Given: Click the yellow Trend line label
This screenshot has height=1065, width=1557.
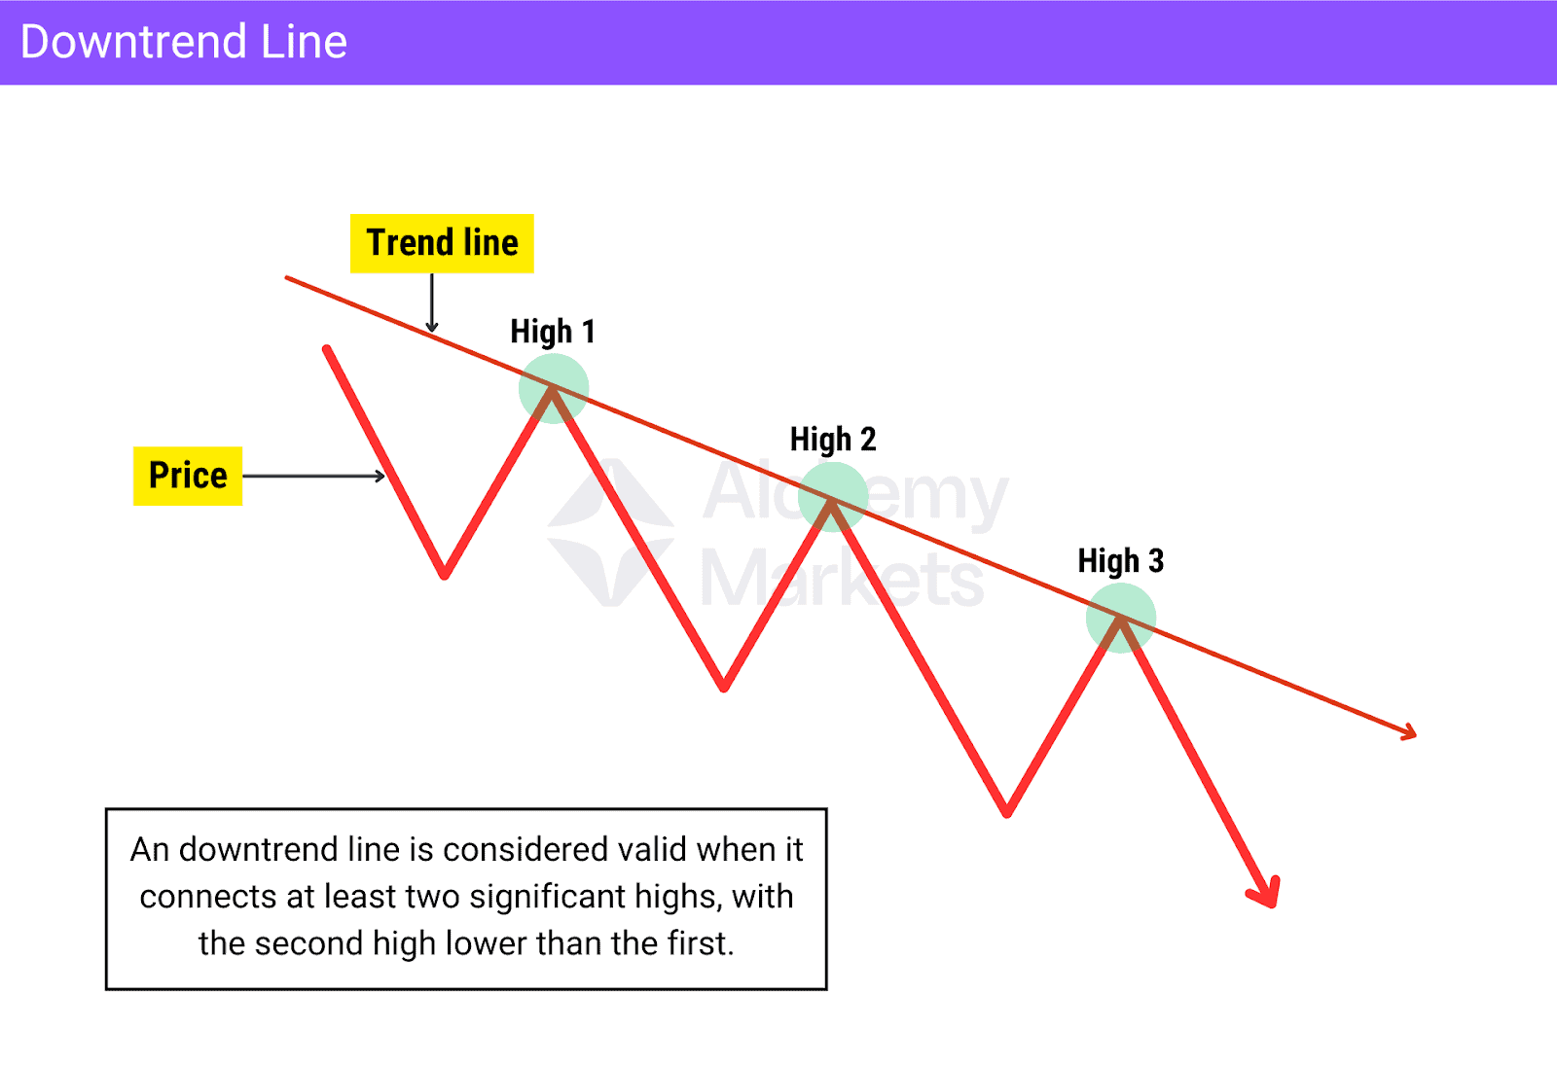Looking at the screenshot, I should (x=442, y=243).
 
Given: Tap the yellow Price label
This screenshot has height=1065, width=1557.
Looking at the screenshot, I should (x=188, y=476).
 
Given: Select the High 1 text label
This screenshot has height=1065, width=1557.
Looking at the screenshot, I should (x=552, y=332).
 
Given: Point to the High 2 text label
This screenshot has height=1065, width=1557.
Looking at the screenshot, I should (x=833, y=440).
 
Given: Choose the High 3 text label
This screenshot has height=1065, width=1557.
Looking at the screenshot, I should (x=1120, y=561).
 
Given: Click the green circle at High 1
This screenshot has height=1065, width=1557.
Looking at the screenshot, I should (x=554, y=388).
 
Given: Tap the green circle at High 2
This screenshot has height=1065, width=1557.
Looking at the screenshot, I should (x=833, y=496).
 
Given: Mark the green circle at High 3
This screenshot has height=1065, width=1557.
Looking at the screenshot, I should (x=1121, y=618).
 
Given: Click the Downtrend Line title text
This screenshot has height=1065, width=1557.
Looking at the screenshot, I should (x=184, y=42).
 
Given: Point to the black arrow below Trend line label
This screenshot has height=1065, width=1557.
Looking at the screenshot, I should (x=432, y=303).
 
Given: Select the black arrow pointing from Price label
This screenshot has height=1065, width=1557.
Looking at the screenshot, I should (x=313, y=477).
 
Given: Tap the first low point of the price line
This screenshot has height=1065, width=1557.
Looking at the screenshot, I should (x=445, y=574).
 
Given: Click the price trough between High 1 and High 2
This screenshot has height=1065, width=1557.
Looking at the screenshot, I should (x=724, y=687).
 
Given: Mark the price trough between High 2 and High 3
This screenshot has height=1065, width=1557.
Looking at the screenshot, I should (x=1007, y=812).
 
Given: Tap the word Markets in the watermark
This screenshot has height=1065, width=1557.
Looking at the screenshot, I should (x=842, y=580).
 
